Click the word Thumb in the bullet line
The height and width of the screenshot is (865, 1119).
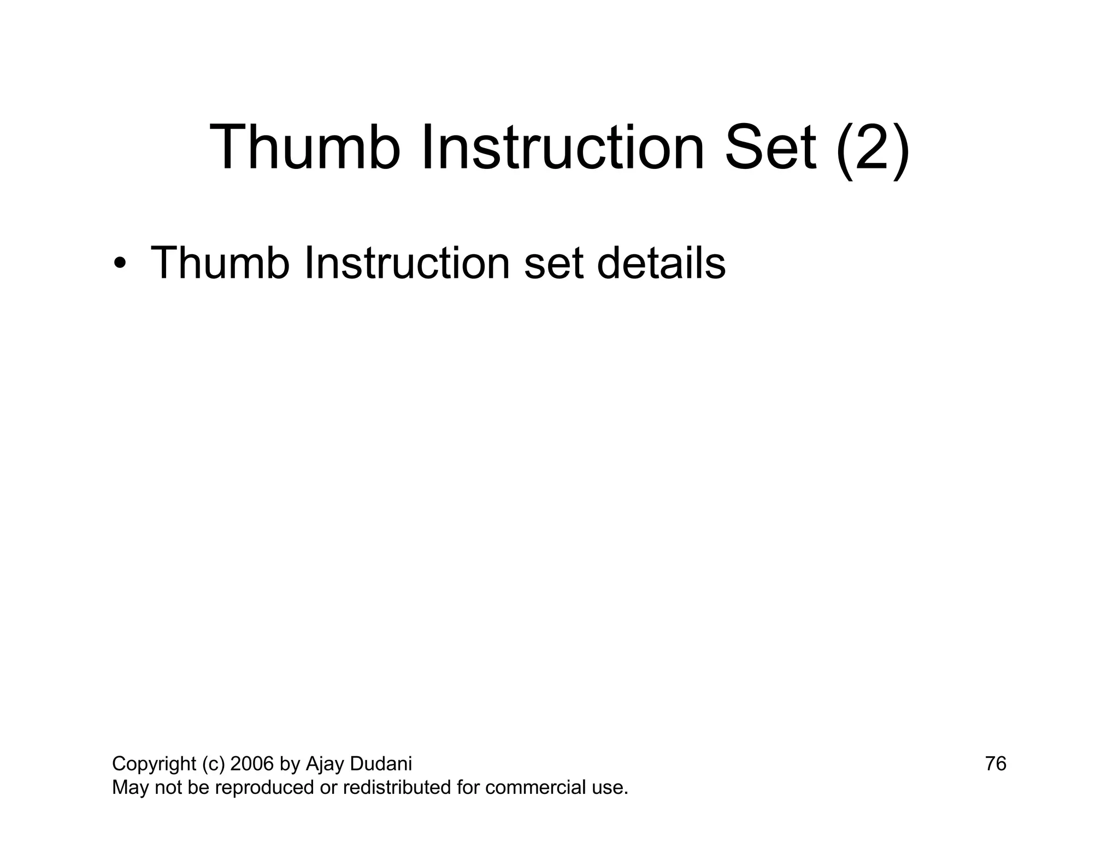tap(220, 263)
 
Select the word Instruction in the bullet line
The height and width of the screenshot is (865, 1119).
tap(407, 263)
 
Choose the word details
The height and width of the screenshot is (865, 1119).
tap(662, 263)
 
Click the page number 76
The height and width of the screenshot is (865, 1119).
tap(996, 764)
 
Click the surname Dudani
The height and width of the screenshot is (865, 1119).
tap(380, 764)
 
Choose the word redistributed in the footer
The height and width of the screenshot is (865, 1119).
tap(396, 788)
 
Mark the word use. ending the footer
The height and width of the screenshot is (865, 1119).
tap(610, 788)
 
